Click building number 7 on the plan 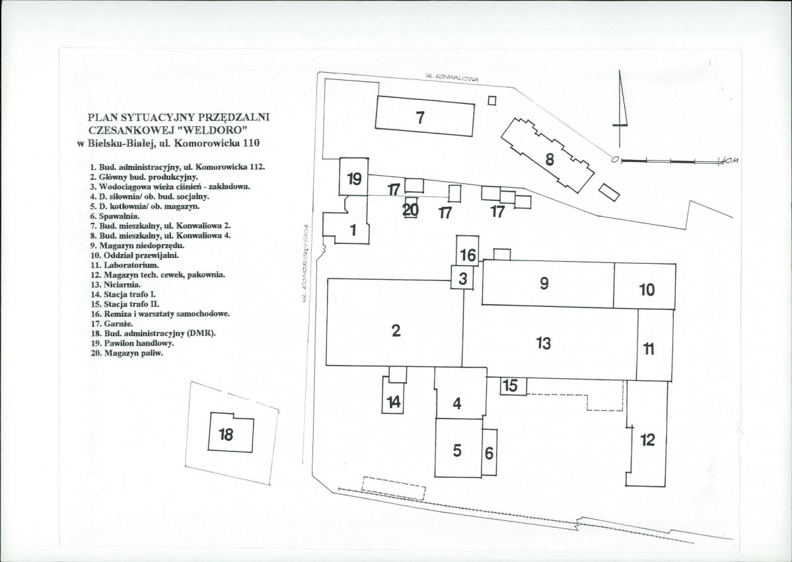point(420,118)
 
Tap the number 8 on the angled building point(549,159)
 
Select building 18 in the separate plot point(226,434)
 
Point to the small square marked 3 point(463,278)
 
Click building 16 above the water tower point(468,255)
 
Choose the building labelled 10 point(647,289)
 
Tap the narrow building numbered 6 point(489,453)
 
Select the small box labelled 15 point(510,385)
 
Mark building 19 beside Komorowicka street point(354,178)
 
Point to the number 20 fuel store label point(411,210)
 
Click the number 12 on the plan point(647,439)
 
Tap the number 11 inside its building point(649,349)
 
